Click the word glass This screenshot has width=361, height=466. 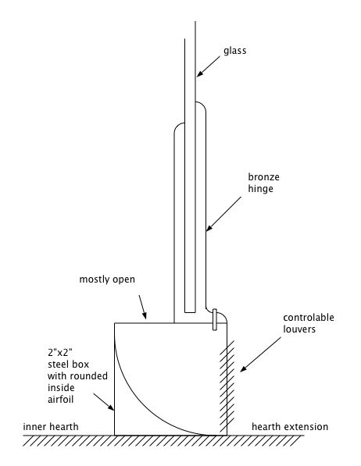click(x=235, y=51)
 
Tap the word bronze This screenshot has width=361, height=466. click(x=263, y=177)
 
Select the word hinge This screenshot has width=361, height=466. click(x=260, y=189)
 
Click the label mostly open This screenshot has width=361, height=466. click(x=107, y=279)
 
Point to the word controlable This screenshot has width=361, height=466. click(x=309, y=318)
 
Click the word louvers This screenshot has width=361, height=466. click(x=299, y=329)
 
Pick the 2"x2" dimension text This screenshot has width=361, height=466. click(x=60, y=353)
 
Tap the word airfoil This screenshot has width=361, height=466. click(x=60, y=399)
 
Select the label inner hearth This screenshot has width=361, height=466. click(x=51, y=427)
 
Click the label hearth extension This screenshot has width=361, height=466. click(x=290, y=427)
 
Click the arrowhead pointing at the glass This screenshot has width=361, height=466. click(x=199, y=73)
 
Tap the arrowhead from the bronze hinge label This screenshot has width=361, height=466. click(x=209, y=228)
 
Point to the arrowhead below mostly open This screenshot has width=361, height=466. click(x=145, y=316)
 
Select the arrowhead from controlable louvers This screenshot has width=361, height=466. click(x=243, y=368)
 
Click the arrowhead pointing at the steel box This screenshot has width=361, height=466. click(x=111, y=407)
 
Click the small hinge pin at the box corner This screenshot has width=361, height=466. click(x=215, y=319)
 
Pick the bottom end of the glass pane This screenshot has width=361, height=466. click(x=190, y=312)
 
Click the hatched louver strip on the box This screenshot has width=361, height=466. click(x=227, y=386)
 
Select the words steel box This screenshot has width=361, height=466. click(x=68, y=365)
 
